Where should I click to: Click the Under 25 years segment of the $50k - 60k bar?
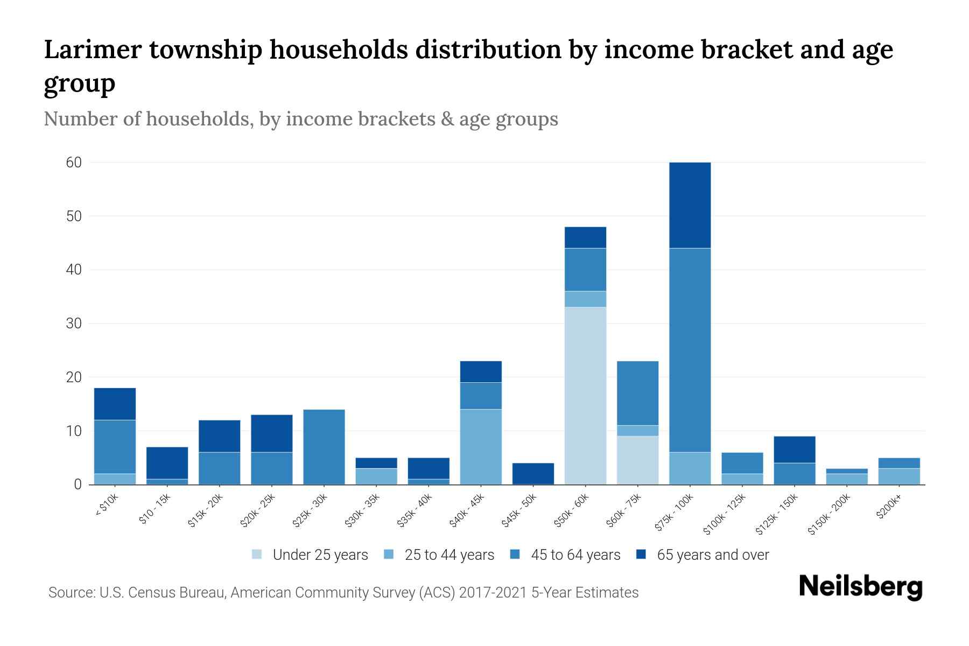[585, 396]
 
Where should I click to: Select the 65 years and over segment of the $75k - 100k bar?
[690, 205]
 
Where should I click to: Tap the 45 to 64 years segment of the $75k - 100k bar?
[690, 350]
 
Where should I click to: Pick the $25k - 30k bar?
[324, 447]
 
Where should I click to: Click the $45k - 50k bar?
[533, 474]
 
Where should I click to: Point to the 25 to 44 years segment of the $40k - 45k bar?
[481, 447]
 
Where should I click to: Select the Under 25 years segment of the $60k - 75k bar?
[637, 460]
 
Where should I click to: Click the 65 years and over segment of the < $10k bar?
[115, 404]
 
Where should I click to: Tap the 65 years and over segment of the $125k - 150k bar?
[794, 450]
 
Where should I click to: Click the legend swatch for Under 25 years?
[257, 554]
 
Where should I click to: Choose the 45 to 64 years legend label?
[575, 555]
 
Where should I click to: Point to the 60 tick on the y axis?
[74, 163]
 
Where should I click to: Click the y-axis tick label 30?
[74, 324]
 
